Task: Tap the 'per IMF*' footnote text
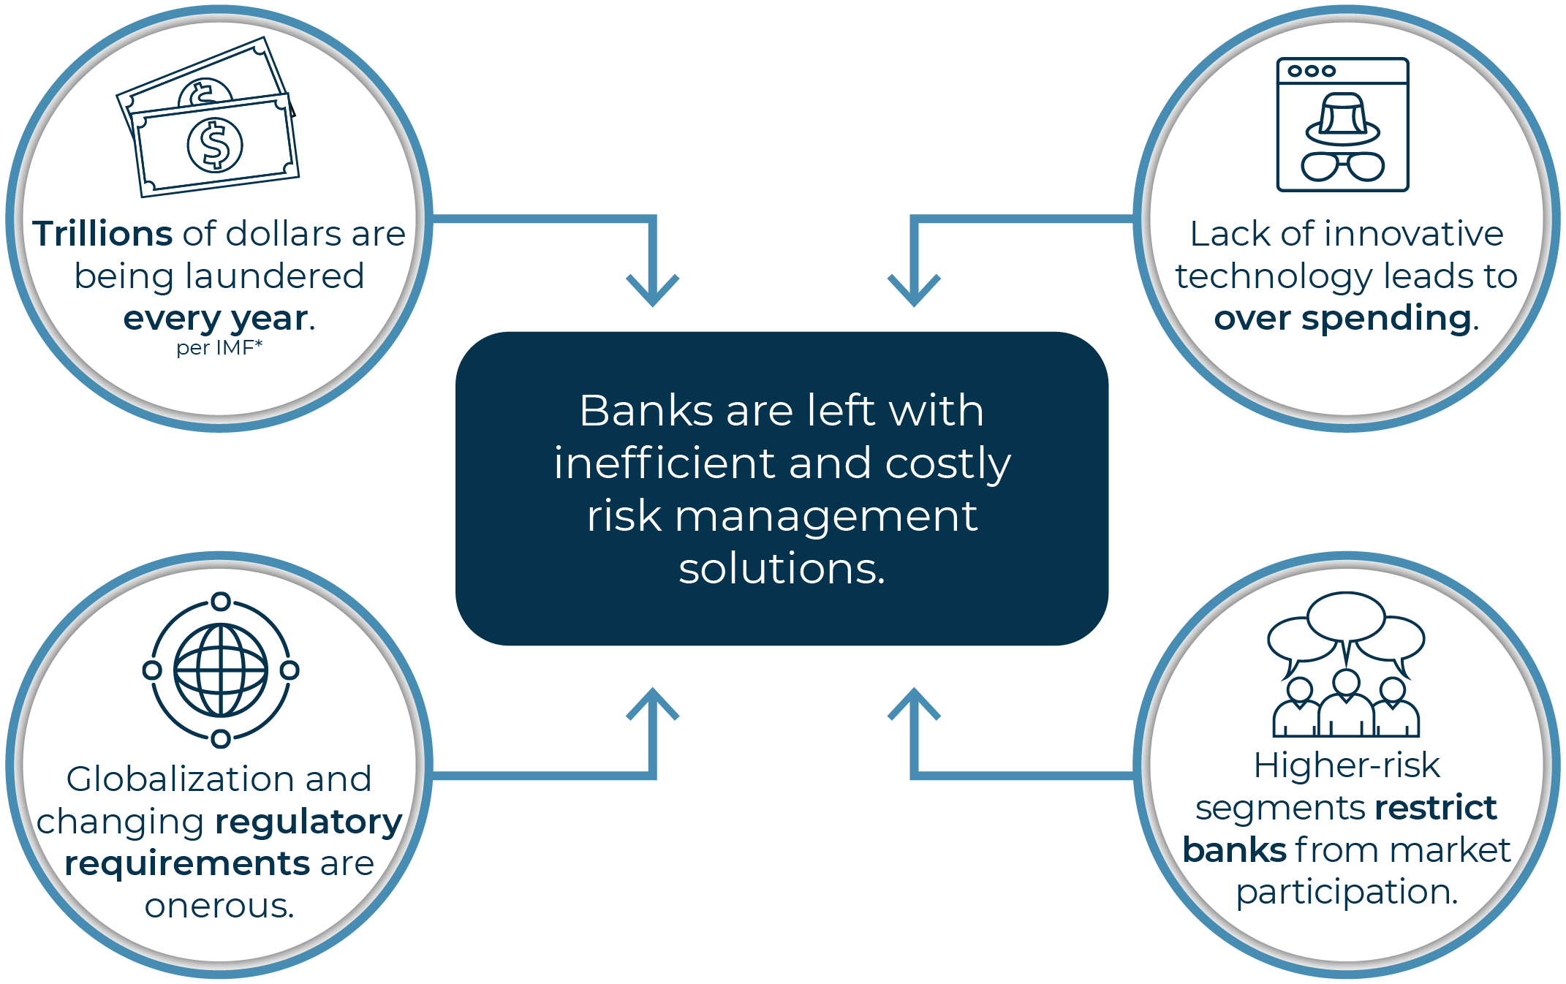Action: [x=219, y=348]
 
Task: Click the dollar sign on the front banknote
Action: [x=215, y=145]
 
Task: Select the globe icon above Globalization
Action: [x=221, y=670]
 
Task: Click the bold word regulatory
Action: [x=309, y=822]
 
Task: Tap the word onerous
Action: [x=219, y=907]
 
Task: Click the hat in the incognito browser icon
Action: [x=1342, y=119]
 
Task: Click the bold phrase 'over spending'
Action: [x=1342, y=319]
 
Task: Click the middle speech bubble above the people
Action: [x=1346, y=616]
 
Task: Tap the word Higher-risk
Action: [x=1347, y=766]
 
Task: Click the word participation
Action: [x=1347, y=893]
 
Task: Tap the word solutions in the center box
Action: [x=781, y=569]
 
